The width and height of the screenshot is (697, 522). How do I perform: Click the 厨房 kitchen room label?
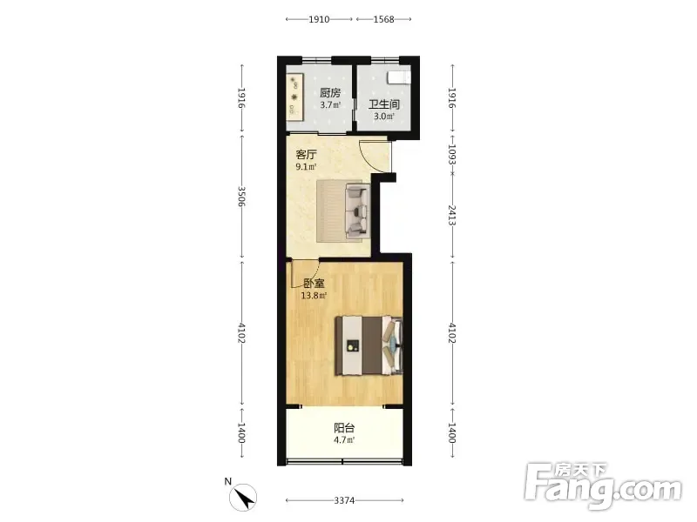pos(330,93)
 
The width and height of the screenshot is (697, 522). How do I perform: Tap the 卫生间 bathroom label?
pos(384,104)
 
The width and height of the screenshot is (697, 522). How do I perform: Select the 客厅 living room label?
pos(307,155)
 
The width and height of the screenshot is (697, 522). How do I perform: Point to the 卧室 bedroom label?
pos(314,284)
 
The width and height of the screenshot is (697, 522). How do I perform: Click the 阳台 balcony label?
pos(344,428)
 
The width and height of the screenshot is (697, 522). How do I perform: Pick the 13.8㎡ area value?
pos(315,296)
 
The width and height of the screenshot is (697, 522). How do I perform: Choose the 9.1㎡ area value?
pos(307,167)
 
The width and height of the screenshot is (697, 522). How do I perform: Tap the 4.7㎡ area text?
pos(344,440)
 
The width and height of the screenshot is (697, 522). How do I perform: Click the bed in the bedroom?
pos(369,345)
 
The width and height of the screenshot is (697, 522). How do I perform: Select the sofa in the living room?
pos(357,210)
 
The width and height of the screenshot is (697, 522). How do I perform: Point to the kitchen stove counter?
pos(294,97)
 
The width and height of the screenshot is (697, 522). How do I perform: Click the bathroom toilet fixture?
pos(399,77)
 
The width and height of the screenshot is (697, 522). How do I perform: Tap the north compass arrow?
pos(243,497)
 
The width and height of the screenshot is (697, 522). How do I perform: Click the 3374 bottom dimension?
pos(344,501)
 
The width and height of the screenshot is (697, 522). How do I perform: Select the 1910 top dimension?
pos(319,19)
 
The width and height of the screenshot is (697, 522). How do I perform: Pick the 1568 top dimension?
pos(383,19)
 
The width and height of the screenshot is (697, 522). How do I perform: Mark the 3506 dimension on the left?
pos(242,197)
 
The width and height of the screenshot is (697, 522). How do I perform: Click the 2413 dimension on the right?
pos(452,215)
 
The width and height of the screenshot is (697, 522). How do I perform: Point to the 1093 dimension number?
pos(452,154)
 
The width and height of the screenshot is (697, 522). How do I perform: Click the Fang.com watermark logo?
pos(603,486)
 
